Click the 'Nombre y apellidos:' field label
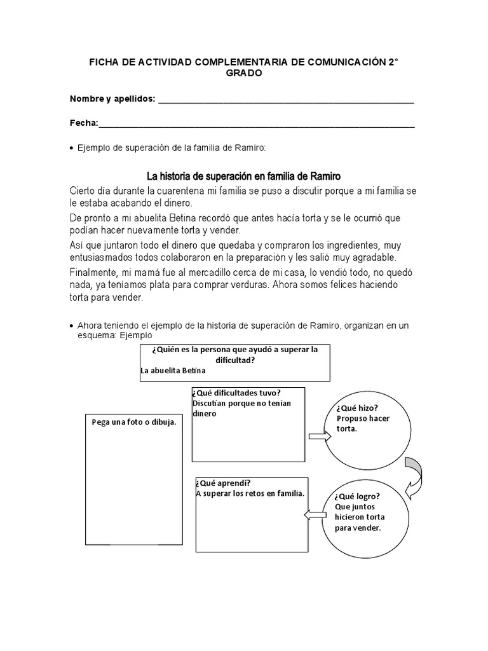tap(112, 99)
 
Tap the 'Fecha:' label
tap(84, 123)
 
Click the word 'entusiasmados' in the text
tap(104, 257)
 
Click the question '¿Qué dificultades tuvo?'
tap(236, 392)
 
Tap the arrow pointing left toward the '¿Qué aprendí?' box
tap(315, 514)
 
